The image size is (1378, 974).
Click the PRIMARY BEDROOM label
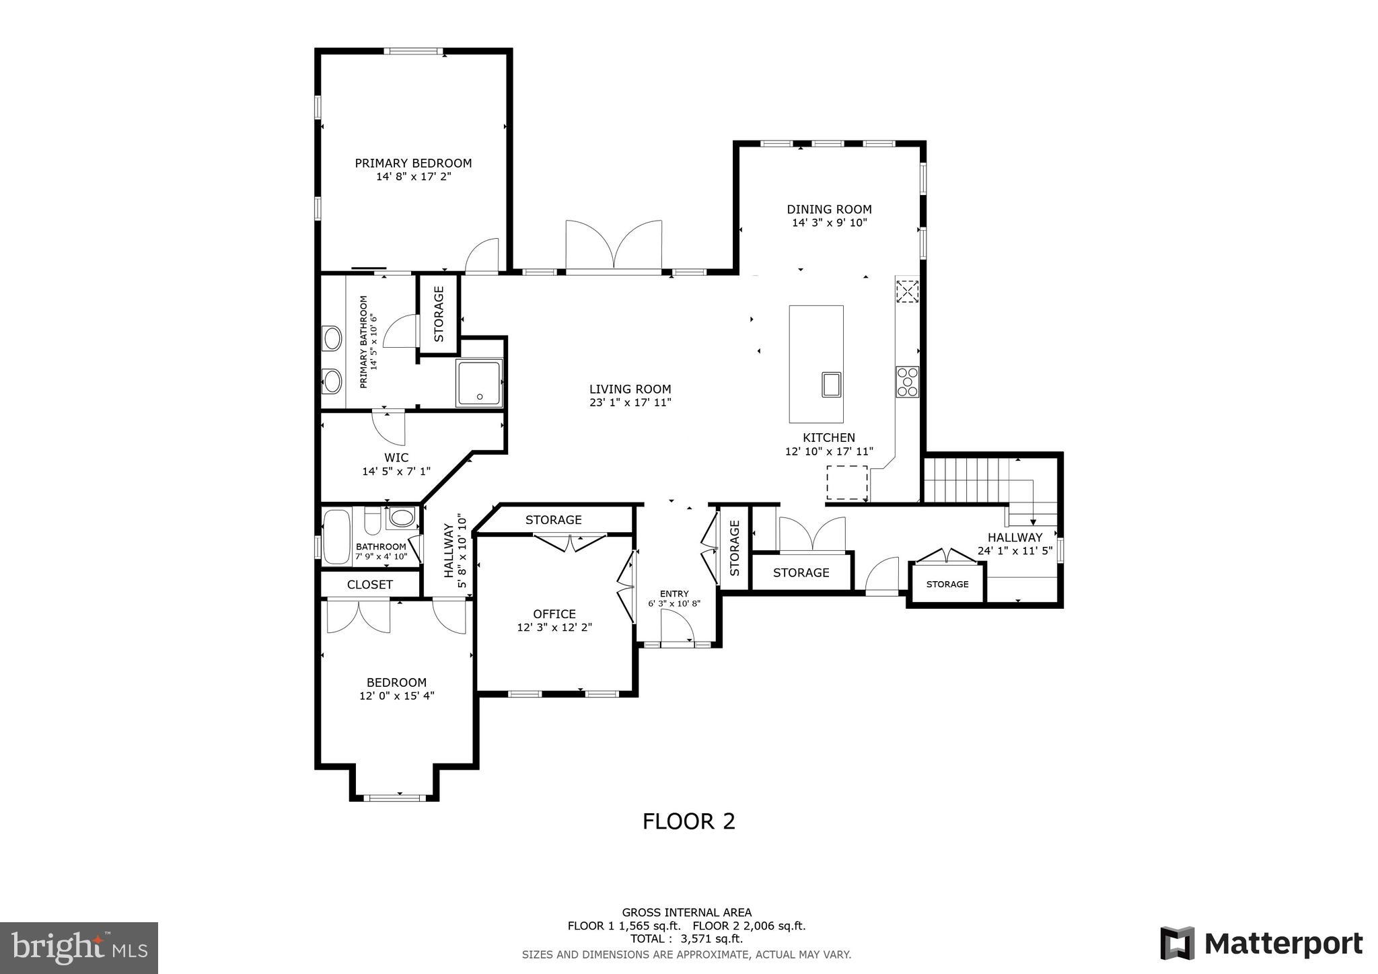(413, 163)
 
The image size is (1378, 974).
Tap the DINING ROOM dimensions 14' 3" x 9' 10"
(829, 223)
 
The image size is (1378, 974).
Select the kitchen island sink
(832, 384)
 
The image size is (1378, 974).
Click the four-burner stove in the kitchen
(907, 381)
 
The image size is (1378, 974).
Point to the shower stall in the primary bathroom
(478, 382)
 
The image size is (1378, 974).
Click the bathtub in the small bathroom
(336, 536)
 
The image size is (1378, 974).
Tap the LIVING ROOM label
(630, 389)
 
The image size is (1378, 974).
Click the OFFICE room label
(554, 613)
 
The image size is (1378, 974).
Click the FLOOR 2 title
(688, 821)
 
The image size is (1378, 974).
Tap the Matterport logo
(1261, 943)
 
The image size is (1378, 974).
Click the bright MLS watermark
(79, 948)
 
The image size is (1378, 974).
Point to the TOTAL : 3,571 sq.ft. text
(686, 938)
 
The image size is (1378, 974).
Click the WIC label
(396, 457)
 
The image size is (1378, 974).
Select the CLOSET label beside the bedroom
(369, 585)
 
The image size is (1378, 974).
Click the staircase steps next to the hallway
(965, 480)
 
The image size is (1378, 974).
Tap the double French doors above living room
(614, 246)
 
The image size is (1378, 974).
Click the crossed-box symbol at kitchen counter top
(907, 291)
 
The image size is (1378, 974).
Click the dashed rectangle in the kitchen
(846, 482)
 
